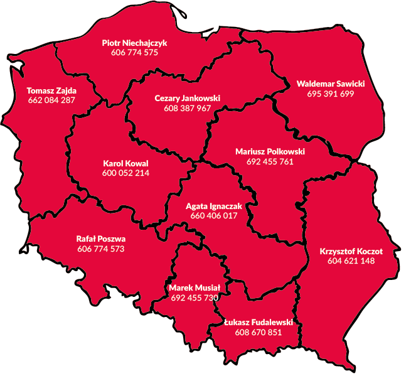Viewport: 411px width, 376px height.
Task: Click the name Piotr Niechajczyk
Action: [134, 43]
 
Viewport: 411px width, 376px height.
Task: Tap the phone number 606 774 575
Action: [134, 53]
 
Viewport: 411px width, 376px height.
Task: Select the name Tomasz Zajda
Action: [51, 90]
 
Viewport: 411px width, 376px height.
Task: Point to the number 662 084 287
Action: [51, 100]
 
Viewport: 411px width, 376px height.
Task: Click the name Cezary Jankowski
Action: [187, 99]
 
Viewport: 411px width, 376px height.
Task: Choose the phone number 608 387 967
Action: [187, 108]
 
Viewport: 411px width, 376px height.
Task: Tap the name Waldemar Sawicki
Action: [331, 83]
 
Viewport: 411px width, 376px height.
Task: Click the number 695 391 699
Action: [331, 94]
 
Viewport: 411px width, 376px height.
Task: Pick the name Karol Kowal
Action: [125, 163]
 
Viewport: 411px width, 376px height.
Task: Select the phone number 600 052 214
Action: [125, 173]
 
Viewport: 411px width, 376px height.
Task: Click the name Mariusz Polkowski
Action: [270, 151]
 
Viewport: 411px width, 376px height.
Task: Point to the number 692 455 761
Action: [270, 161]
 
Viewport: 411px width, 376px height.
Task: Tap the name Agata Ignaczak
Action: [214, 206]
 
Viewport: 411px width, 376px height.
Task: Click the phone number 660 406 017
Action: [214, 216]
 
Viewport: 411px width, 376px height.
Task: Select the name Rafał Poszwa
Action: [101, 239]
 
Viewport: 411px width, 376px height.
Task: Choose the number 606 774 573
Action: [101, 249]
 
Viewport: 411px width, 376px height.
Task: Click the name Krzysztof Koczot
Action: [351, 251]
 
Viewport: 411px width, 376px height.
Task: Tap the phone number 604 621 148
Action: [351, 261]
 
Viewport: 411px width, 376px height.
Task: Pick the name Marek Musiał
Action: [195, 287]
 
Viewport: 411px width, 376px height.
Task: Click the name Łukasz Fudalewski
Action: [258, 322]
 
